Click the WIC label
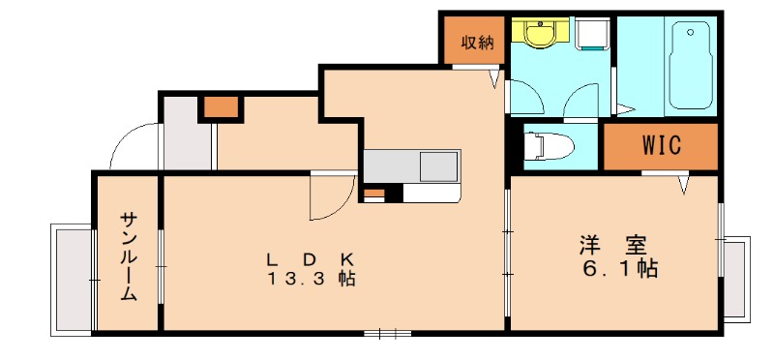tap(662, 147)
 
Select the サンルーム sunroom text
tap(128, 255)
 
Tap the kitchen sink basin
tap(438, 166)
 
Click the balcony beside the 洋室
tap(736, 279)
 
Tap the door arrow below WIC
tap(683, 183)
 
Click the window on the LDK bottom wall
tap(388, 334)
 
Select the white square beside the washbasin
tap(589, 36)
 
